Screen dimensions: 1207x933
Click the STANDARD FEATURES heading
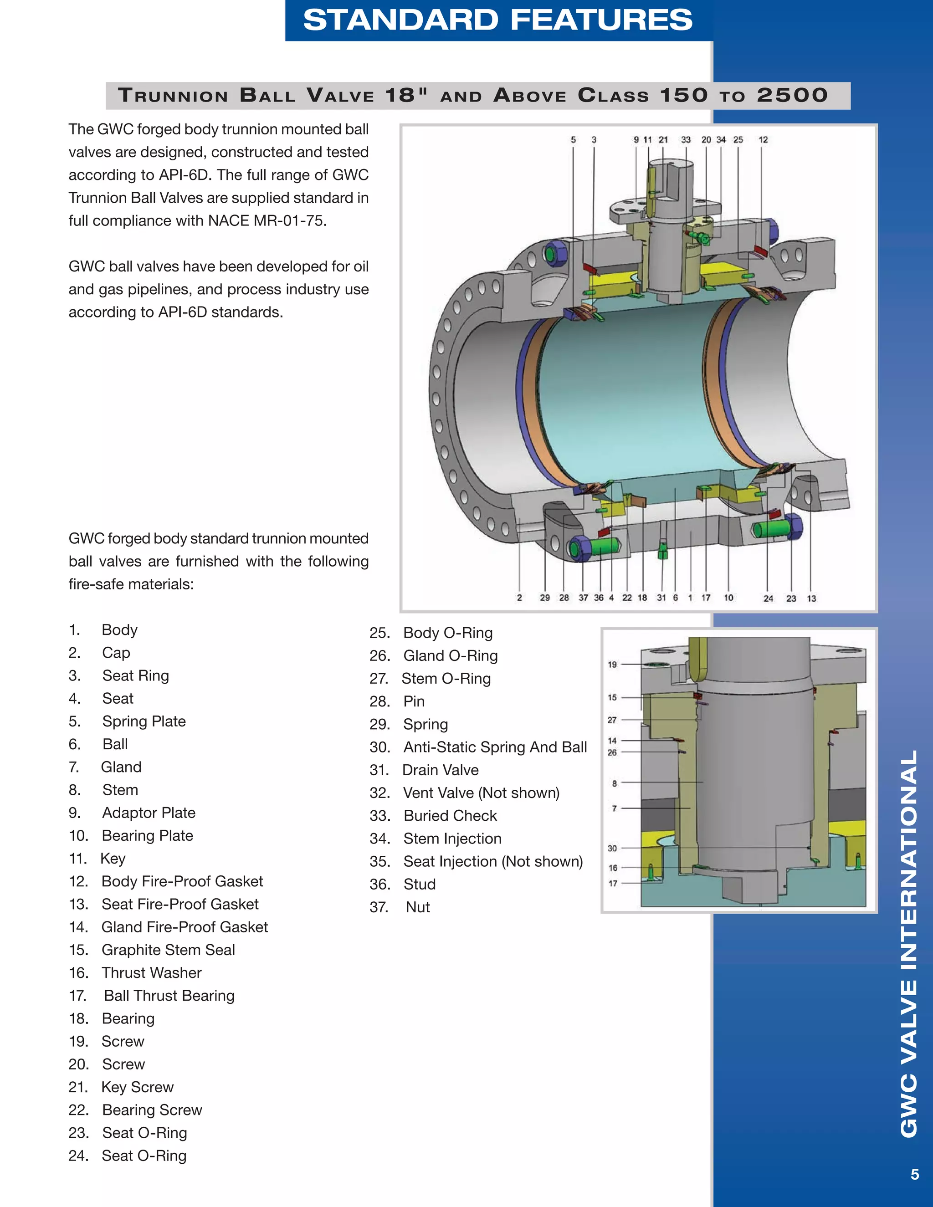(497, 20)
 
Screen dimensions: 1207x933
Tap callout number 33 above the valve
(685, 140)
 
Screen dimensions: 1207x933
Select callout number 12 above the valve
(763, 140)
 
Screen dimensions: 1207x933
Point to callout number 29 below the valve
(544, 598)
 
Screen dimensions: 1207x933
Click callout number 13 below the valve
(811, 598)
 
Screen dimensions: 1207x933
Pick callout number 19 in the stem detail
(612, 664)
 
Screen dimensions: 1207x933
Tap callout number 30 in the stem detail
(612, 848)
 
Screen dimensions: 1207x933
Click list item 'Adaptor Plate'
(149, 813)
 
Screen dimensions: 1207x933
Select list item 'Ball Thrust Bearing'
(169, 995)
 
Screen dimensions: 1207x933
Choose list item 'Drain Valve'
(441, 770)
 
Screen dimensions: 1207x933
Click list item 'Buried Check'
(451, 816)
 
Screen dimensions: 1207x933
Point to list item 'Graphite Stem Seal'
(168, 950)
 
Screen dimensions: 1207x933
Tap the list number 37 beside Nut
(379, 907)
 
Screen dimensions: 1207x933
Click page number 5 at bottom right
(915, 1189)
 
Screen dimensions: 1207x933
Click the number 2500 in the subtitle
(792, 95)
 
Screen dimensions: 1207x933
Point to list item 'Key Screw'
(137, 1087)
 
